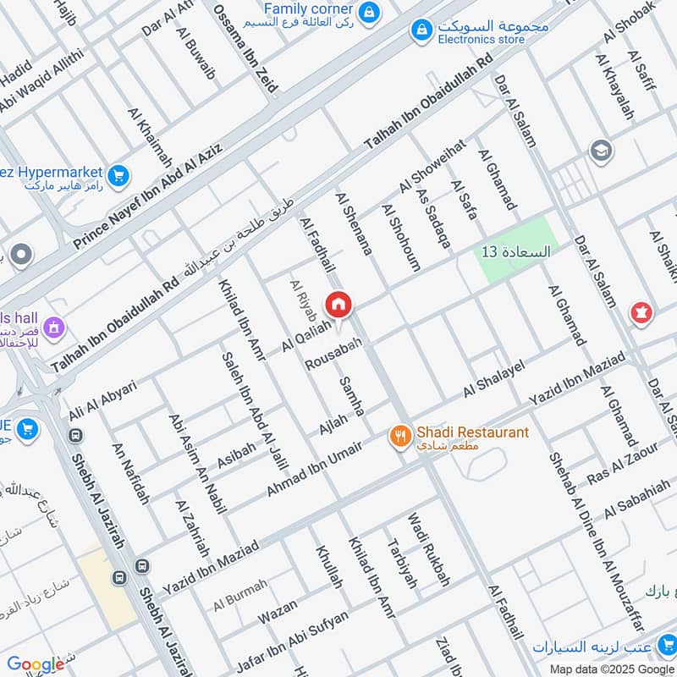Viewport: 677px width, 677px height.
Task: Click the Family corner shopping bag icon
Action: [x=369, y=13]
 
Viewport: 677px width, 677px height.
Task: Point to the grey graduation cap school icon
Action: [x=601, y=151]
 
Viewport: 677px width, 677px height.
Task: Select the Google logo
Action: [x=35, y=664]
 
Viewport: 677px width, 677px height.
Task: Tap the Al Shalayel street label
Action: [x=493, y=378]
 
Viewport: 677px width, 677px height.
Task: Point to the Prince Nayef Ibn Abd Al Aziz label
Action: [x=148, y=196]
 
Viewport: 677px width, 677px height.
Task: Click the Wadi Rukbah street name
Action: [x=429, y=550]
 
